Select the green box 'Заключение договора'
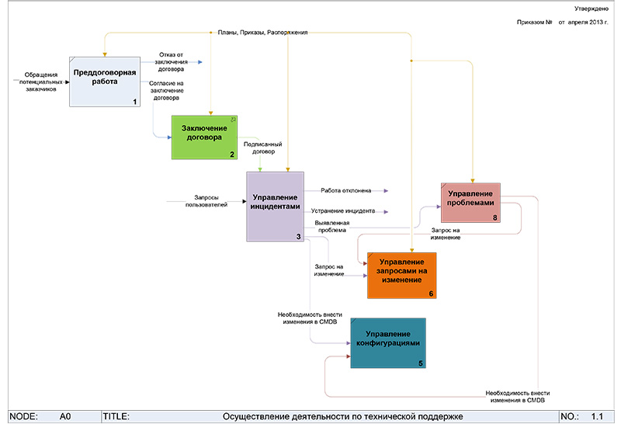[204, 137]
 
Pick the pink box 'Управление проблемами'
[470, 202]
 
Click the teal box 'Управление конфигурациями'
[387, 342]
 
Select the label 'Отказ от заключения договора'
[171, 61]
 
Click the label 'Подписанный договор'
[262, 148]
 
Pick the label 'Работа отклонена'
[345, 189]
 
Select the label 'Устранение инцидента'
[344, 210]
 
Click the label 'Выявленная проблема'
[331, 227]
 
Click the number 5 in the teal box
[420, 363]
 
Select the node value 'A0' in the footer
[66, 416]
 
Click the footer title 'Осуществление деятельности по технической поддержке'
[342, 416]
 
